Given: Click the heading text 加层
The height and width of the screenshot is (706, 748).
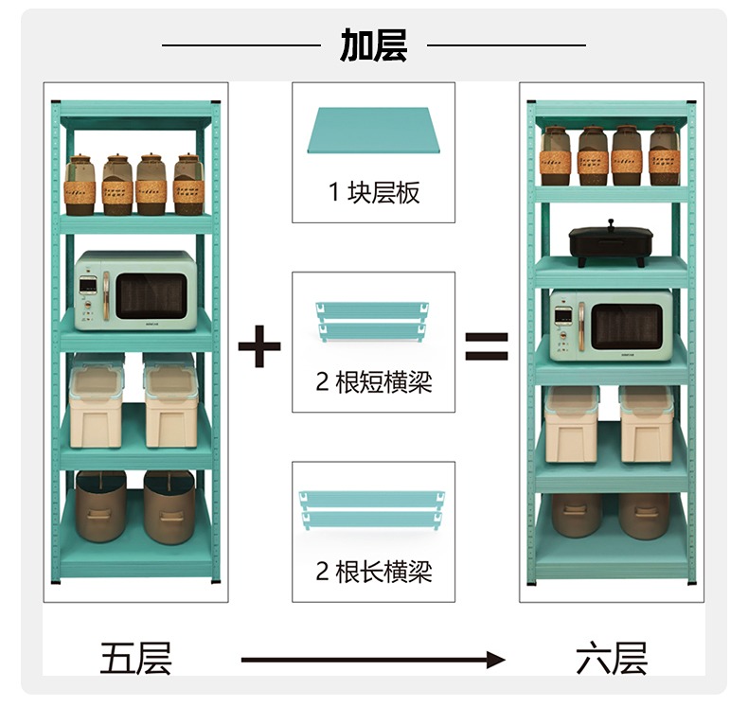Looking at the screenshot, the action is [373, 45].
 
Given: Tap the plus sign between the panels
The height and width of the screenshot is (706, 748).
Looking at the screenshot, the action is [259, 346].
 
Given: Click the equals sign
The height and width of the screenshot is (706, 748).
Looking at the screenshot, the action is [487, 346].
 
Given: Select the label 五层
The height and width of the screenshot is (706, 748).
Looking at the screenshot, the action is [135, 659].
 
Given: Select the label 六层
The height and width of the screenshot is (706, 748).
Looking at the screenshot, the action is [612, 659].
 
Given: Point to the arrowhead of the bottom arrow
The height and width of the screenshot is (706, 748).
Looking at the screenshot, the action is [496, 660].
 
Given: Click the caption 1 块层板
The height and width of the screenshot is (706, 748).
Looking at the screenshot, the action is [374, 193].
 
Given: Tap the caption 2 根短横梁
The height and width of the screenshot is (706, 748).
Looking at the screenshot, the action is [374, 381].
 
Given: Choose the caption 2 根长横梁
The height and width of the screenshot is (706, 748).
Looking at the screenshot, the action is [374, 572].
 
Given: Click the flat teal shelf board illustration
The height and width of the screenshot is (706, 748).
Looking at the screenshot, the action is [373, 131].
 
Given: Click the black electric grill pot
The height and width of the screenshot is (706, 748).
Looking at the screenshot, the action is [610, 244].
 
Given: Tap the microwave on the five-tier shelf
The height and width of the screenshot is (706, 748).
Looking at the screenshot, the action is [135, 291].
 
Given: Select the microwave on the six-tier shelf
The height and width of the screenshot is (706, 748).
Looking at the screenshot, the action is [611, 326].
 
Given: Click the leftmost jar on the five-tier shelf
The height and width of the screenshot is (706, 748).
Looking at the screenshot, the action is [80, 185].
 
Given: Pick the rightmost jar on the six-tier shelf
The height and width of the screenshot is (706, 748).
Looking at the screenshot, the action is [664, 155].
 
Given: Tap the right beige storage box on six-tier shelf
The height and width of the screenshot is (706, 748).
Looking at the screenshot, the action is [647, 424].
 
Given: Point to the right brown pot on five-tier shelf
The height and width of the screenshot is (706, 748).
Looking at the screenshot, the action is [169, 507].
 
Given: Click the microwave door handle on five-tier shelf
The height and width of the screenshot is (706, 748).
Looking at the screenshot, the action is [106, 295].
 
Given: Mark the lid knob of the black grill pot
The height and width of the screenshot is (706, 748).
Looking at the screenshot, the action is [611, 222].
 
